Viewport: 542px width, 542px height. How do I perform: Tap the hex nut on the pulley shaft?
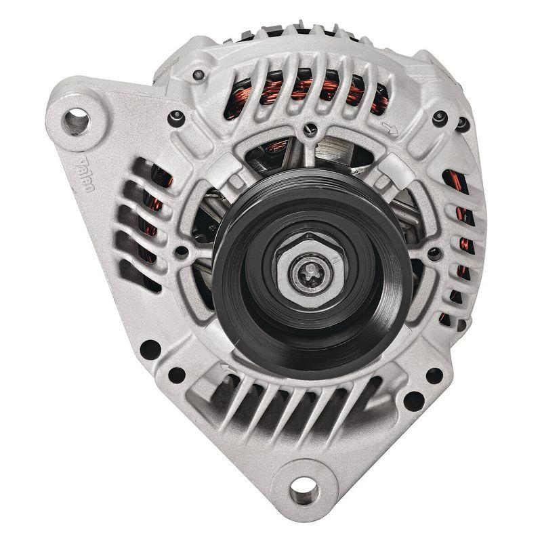coord(312,270)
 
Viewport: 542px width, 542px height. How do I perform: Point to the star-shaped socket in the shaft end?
coord(313,270)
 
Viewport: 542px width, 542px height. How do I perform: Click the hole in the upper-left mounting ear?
coord(76,121)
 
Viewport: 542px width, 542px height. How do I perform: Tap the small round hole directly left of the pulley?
coord(182,251)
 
